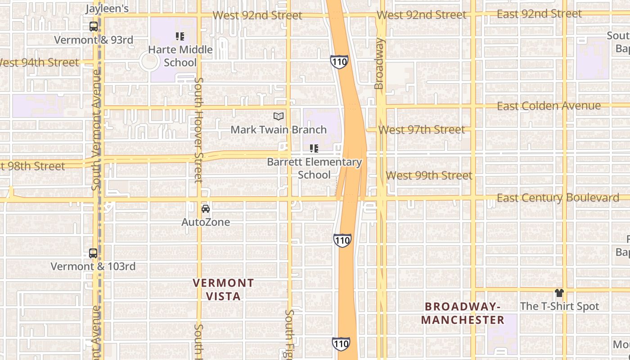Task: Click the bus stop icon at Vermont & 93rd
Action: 93,27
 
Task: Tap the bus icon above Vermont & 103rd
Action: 93,253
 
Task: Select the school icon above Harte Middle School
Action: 180,36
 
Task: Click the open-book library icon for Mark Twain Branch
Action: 279,117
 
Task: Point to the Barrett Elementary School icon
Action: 314,148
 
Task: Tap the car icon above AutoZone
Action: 206,209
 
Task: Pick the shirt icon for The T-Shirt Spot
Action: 559,293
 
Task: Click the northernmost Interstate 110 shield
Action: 339,62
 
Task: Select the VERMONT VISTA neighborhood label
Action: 223,289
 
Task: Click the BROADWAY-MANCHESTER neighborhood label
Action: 463,313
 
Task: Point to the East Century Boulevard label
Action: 558,198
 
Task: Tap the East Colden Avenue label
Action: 549,106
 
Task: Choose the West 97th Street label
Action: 422,130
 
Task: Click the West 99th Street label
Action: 429,175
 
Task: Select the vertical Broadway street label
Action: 379,63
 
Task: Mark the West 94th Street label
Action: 40,63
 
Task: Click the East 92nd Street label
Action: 539,14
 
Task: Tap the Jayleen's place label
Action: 107,8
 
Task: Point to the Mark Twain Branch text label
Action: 279,130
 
